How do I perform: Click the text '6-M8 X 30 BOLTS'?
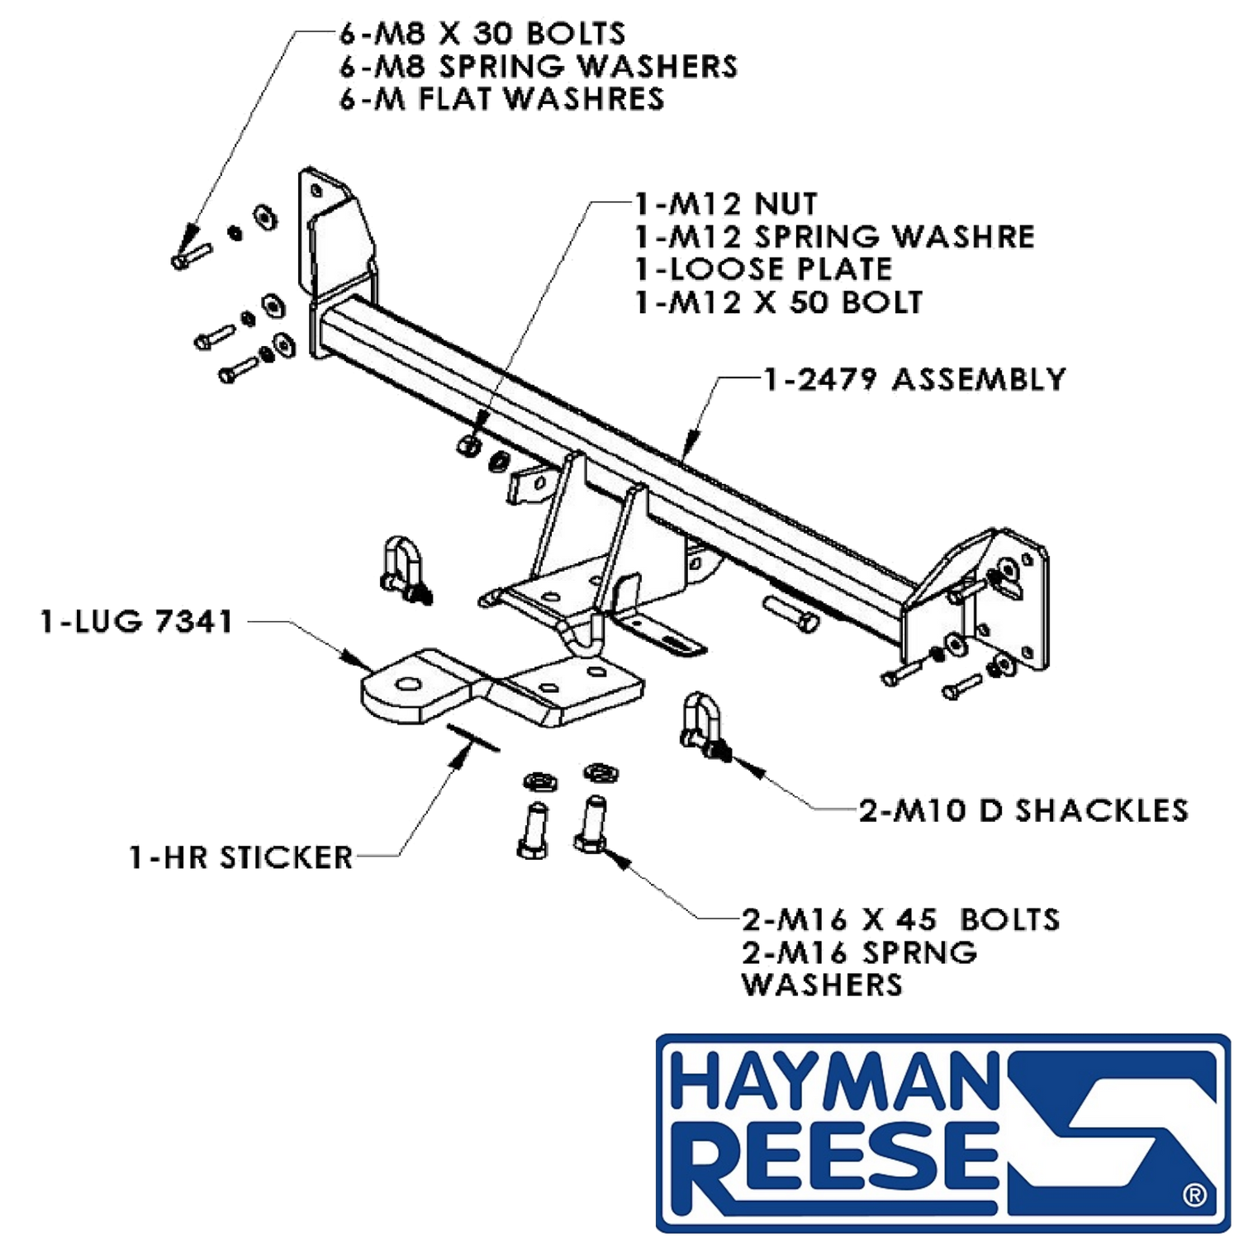[x=482, y=34]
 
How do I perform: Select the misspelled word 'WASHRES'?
[x=583, y=99]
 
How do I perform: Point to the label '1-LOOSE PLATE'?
[x=764, y=269]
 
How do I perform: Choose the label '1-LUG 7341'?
[x=137, y=621]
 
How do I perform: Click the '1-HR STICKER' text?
[x=241, y=857]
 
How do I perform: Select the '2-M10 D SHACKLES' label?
[x=1024, y=810]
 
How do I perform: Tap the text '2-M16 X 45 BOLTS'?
[x=900, y=919]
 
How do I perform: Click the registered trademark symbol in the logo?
[x=1194, y=1194]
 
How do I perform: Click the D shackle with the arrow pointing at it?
[x=703, y=725]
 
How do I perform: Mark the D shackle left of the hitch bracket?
[x=404, y=568]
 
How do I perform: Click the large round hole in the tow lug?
[x=406, y=684]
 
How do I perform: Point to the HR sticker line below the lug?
[x=472, y=738]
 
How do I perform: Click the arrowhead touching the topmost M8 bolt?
[x=191, y=235]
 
